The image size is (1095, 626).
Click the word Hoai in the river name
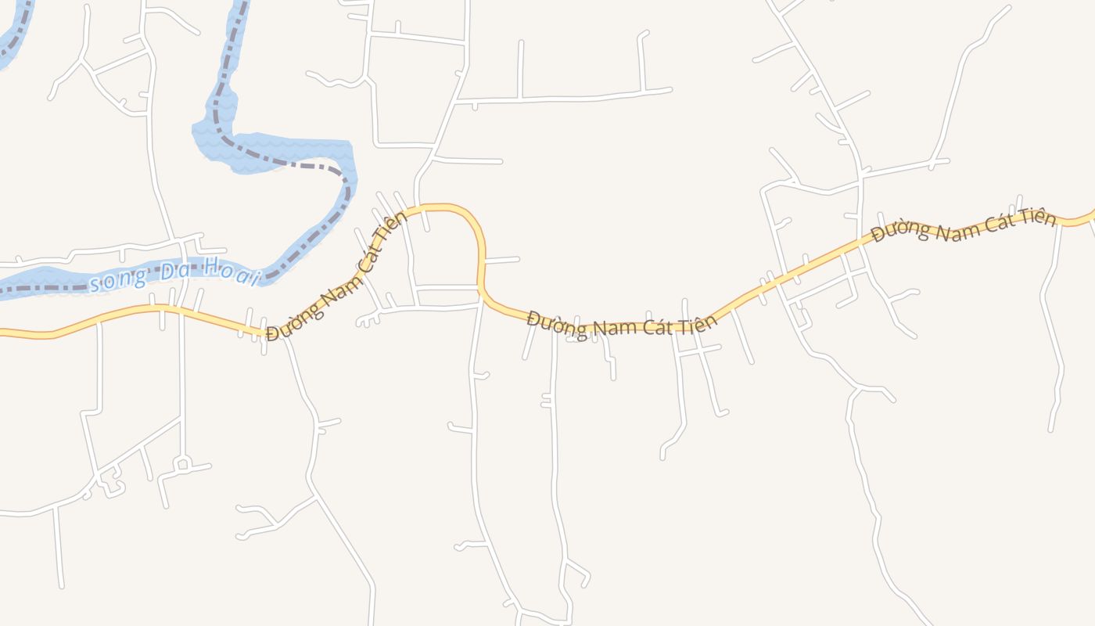231,270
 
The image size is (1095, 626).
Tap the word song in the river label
117,280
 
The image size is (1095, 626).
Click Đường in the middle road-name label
556,323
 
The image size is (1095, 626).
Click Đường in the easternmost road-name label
902,230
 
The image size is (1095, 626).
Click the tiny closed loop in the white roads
182,464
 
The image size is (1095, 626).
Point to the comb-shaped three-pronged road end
368,318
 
